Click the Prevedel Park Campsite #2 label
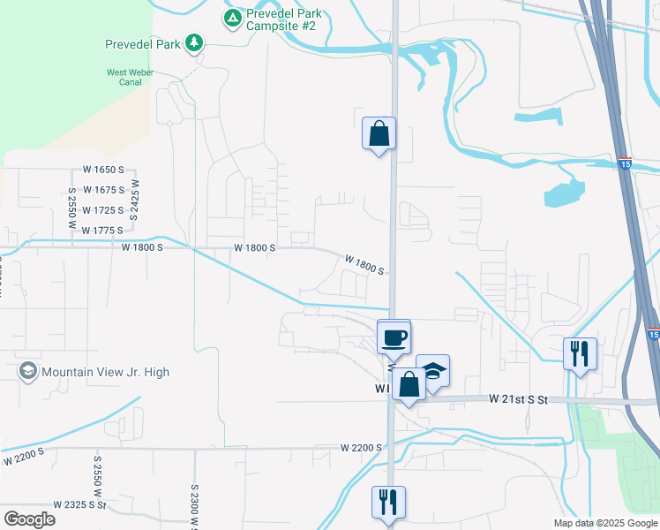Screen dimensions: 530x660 pyautogui.click(x=283, y=19)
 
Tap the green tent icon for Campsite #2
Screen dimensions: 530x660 pyautogui.click(x=232, y=18)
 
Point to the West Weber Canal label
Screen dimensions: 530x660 pyautogui.click(x=131, y=78)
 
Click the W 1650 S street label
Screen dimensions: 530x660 pyautogui.click(x=104, y=170)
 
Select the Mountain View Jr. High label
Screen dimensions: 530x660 pyautogui.click(x=105, y=373)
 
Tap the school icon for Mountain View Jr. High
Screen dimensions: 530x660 pyautogui.click(x=28, y=371)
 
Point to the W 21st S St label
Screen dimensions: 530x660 pyautogui.click(x=519, y=400)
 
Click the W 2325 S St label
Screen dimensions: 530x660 pyautogui.click(x=79, y=505)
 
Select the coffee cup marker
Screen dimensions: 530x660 pyautogui.click(x=394, y=337)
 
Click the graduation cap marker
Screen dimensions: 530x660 pyautogui.click(x=433, y=371)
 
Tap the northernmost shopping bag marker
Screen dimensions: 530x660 pyautogui.click(x=379, y=134)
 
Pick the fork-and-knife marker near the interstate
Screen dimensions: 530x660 pyautogui.click(x=580, y=353)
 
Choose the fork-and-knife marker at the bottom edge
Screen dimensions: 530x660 pyautogui.click(x=388, y=503)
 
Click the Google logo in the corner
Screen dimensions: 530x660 pyautogui.click(x=29, y=519)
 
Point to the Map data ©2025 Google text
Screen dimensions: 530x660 pyautogui.click(x=604, y=522)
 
